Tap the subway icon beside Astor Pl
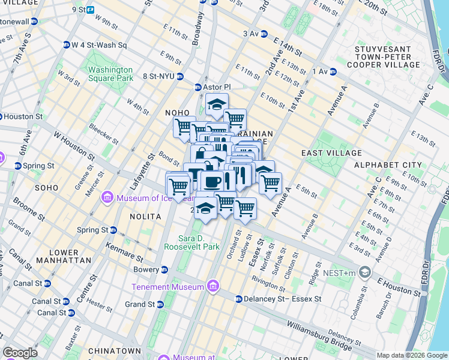198,87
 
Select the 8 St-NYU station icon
180,76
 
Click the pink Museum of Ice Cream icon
107,197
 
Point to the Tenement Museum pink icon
211,287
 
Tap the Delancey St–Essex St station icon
238,299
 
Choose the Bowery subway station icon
164,269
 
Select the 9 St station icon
90,10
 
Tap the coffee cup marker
211,181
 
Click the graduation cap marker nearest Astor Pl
217,104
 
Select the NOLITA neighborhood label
145,215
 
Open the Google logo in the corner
20,353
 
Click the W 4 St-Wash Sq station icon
67,44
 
